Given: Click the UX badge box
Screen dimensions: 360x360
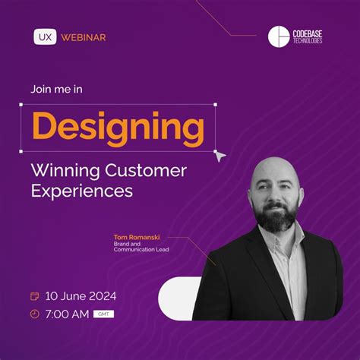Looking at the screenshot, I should coord(44,36).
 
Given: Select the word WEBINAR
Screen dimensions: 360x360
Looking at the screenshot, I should coord(83,36).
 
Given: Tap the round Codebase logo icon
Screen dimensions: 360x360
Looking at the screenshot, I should coord(279,36).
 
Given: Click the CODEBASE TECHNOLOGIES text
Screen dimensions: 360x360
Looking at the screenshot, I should coord(307,36).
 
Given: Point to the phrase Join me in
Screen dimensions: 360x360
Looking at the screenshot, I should coord(57,89).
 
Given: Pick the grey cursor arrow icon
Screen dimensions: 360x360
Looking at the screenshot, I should coord(219,155).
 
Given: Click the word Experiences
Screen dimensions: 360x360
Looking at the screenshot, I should coord(82,191).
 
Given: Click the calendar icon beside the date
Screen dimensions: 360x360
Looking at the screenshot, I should coord(34,295).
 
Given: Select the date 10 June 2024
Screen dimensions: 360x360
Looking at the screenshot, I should coord(80,295).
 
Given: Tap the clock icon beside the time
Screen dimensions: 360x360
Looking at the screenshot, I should coord(34,314).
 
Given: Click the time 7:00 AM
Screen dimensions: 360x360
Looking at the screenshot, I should coord(67,314).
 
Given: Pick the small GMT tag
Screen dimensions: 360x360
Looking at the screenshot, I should coord(101,314).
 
